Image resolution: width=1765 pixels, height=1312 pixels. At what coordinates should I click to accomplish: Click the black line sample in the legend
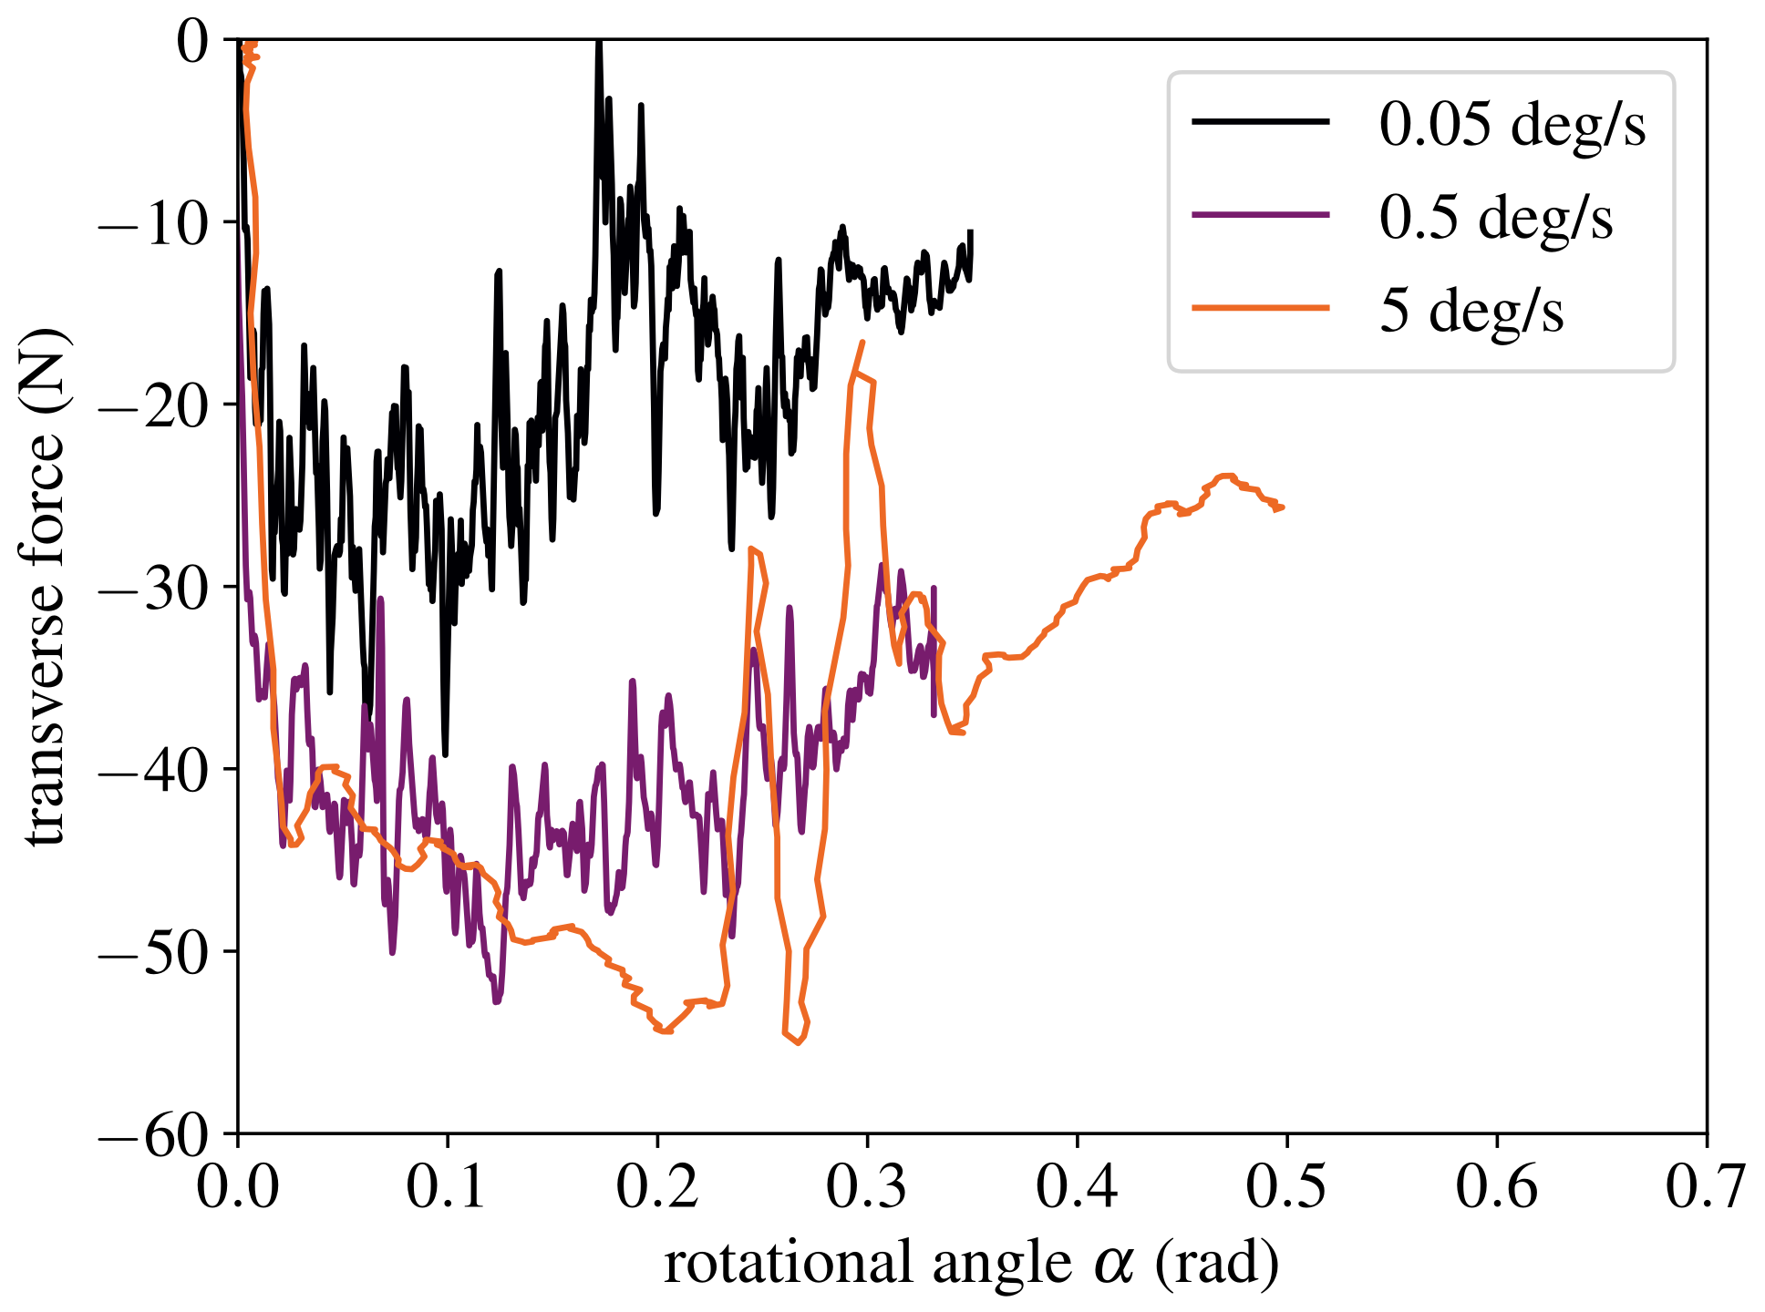point(1260,121)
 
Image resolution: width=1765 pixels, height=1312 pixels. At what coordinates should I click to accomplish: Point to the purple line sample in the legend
point(1260,215)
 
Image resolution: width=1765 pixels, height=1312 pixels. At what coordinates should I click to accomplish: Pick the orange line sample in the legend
point(1260,308)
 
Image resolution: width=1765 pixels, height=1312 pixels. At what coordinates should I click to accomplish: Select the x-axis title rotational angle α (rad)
point(972,1265)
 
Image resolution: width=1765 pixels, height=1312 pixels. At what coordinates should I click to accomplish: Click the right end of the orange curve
point(1283,507)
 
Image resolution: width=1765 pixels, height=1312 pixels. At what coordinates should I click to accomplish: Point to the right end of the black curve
point(971,232)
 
